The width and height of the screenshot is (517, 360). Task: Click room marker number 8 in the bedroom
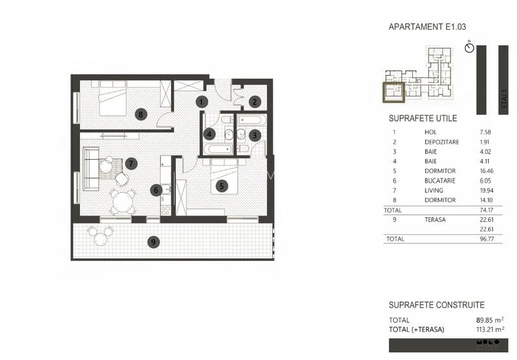pos(141,114)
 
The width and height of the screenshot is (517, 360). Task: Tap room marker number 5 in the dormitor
pos(221,186)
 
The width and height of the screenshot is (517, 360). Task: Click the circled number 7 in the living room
pos(131,163)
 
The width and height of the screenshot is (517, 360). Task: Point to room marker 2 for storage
pos(254,101)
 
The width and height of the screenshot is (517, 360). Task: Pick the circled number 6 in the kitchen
pos(155,189)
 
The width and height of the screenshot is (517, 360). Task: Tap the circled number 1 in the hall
pos(201,101)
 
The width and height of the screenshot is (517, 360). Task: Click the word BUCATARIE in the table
pos(440,181)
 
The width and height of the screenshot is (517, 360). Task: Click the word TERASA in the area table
pos(436,219)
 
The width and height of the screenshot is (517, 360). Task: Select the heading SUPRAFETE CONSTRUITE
pos(436,306)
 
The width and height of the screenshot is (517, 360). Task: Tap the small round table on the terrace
pos(100,239)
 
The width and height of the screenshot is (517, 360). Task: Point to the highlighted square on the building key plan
pos(393,93)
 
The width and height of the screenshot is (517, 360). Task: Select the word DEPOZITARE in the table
pos(442,142)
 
